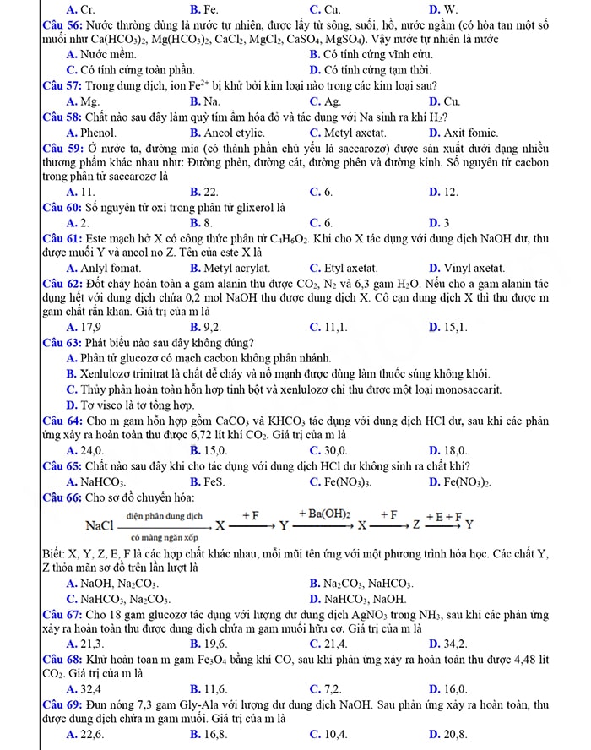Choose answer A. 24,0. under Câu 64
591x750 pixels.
(x=84, y=450)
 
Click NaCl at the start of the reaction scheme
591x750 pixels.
(x=100, y=525)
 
